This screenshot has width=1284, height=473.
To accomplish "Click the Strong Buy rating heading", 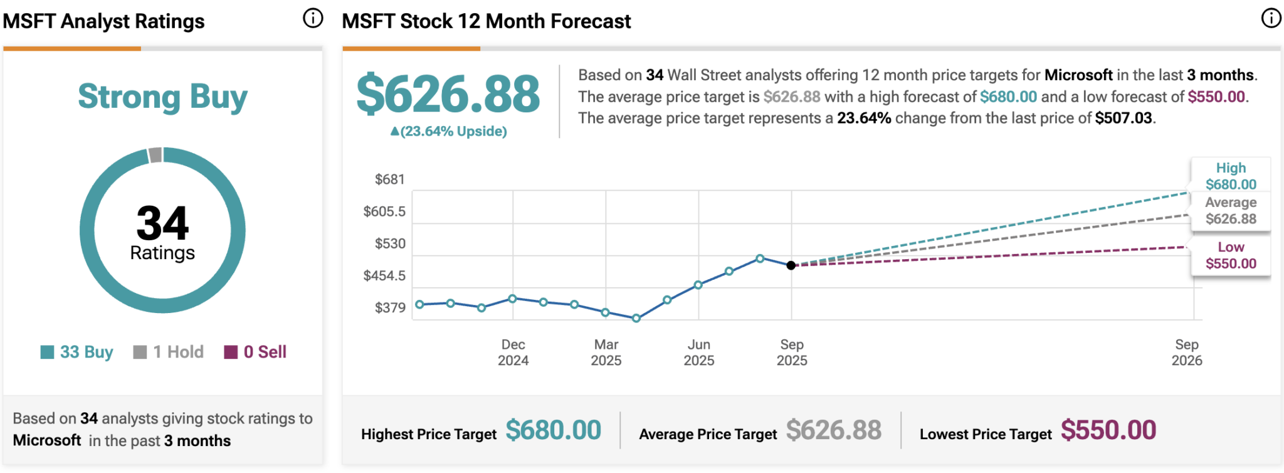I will (162, 97).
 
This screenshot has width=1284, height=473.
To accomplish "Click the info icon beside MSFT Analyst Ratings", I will (313, 18).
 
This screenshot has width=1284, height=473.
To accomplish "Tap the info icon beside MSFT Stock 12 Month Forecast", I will (1271, 18).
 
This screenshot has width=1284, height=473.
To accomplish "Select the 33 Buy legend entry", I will (77, 352).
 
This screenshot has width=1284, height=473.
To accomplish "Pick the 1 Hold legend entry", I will (169, 352).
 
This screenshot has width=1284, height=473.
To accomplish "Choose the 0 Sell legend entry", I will (255, 352).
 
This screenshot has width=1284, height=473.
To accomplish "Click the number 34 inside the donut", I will (162, 223).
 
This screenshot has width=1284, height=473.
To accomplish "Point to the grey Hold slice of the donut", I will (155, 154).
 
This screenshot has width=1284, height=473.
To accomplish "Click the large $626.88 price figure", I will (448, 94).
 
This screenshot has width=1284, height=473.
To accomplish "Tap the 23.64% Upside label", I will (448, 131).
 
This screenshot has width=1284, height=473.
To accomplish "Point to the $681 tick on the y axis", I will (389, 179).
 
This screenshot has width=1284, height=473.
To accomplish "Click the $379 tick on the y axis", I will (389, 307).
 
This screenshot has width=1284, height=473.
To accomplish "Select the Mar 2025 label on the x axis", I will (606, 353).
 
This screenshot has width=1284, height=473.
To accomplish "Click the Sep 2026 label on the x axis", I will (1186, 353).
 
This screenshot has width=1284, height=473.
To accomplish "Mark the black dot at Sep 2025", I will (791, 265).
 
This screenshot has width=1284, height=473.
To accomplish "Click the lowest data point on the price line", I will (636, 318).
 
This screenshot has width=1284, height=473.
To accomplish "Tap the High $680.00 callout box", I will (1231, 176).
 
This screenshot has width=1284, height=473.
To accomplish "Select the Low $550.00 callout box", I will (1231, 255).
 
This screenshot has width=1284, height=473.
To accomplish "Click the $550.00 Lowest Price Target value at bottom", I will (1108, 430).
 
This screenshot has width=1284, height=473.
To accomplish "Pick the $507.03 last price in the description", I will (1123, 118).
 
